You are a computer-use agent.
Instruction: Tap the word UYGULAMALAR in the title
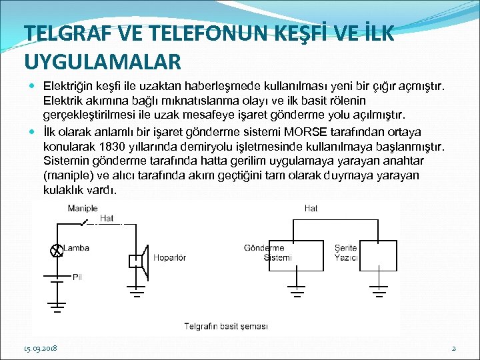tap(102, 61)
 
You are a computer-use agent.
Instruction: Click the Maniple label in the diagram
tap(82, 209)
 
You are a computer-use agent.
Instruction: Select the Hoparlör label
tap(169, 258)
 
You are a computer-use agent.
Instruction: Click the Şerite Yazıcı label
tap(346, 253)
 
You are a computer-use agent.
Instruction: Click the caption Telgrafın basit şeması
tap(226, 326)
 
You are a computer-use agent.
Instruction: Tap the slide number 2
tap(453, 348)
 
